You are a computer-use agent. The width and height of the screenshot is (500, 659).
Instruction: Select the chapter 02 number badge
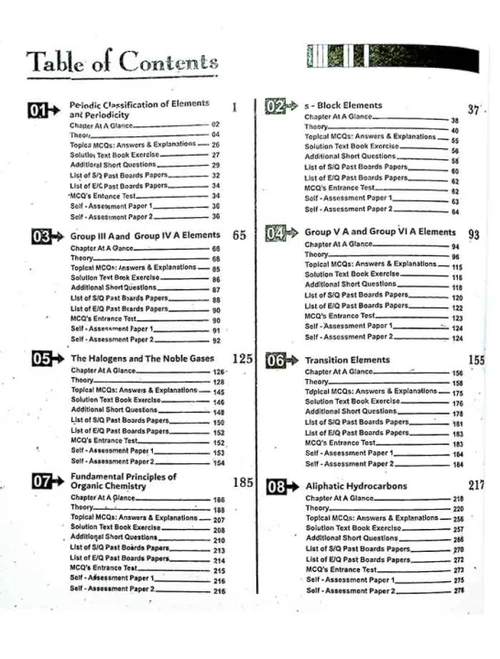tap(280, 107)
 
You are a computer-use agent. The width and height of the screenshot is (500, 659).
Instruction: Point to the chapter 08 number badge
tap(280, 486)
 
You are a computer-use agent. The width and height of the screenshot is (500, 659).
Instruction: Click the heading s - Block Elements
tap(342, 106)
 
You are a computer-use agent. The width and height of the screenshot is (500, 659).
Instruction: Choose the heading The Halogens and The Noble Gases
tap(137, 359)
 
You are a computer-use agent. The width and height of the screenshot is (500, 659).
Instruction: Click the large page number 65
tap(239, 235)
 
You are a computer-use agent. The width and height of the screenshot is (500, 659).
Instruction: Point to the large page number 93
tap(473, 234)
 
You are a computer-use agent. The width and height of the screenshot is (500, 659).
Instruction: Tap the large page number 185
tap(242, 481)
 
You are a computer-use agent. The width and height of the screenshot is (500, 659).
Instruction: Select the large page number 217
tap(476, 484)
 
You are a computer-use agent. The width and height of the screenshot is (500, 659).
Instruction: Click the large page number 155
tap(476, 361)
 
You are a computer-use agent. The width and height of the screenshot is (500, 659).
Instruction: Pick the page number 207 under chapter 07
tap(219, 519)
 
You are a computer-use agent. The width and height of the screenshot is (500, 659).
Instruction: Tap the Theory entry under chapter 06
tap(317, 383)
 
